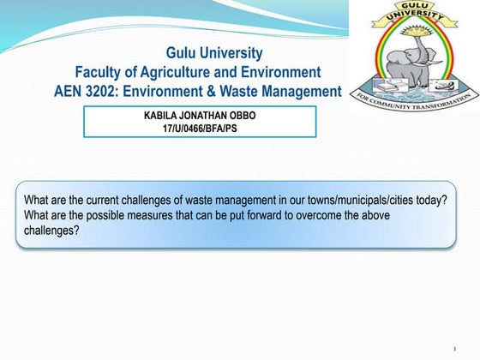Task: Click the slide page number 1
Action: click(x=453, y=348)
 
